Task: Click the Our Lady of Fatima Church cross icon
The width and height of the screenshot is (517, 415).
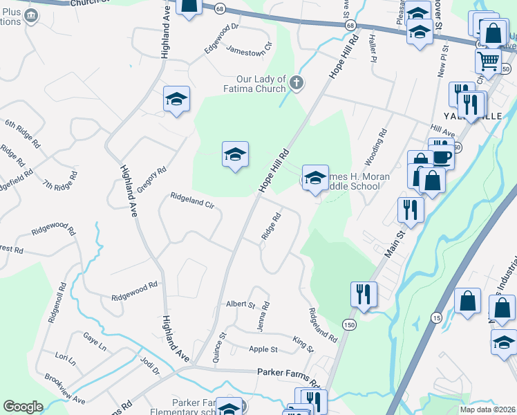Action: (x=296, y=84)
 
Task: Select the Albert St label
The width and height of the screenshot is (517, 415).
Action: (x=241, y=304)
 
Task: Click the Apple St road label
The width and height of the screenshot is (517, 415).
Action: (x=263, y=350)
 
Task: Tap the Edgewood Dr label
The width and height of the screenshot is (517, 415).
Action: (x=221, y=39)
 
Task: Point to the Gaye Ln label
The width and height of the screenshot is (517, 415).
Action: (x=95, y=339)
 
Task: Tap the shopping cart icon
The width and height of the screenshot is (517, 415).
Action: (x=489, y=61)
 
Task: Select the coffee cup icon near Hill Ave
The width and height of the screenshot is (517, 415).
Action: (x=442, y=156)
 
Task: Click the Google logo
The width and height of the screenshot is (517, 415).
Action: (x=23, y=407)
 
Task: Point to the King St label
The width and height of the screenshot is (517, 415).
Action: (x=303, y=344)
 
